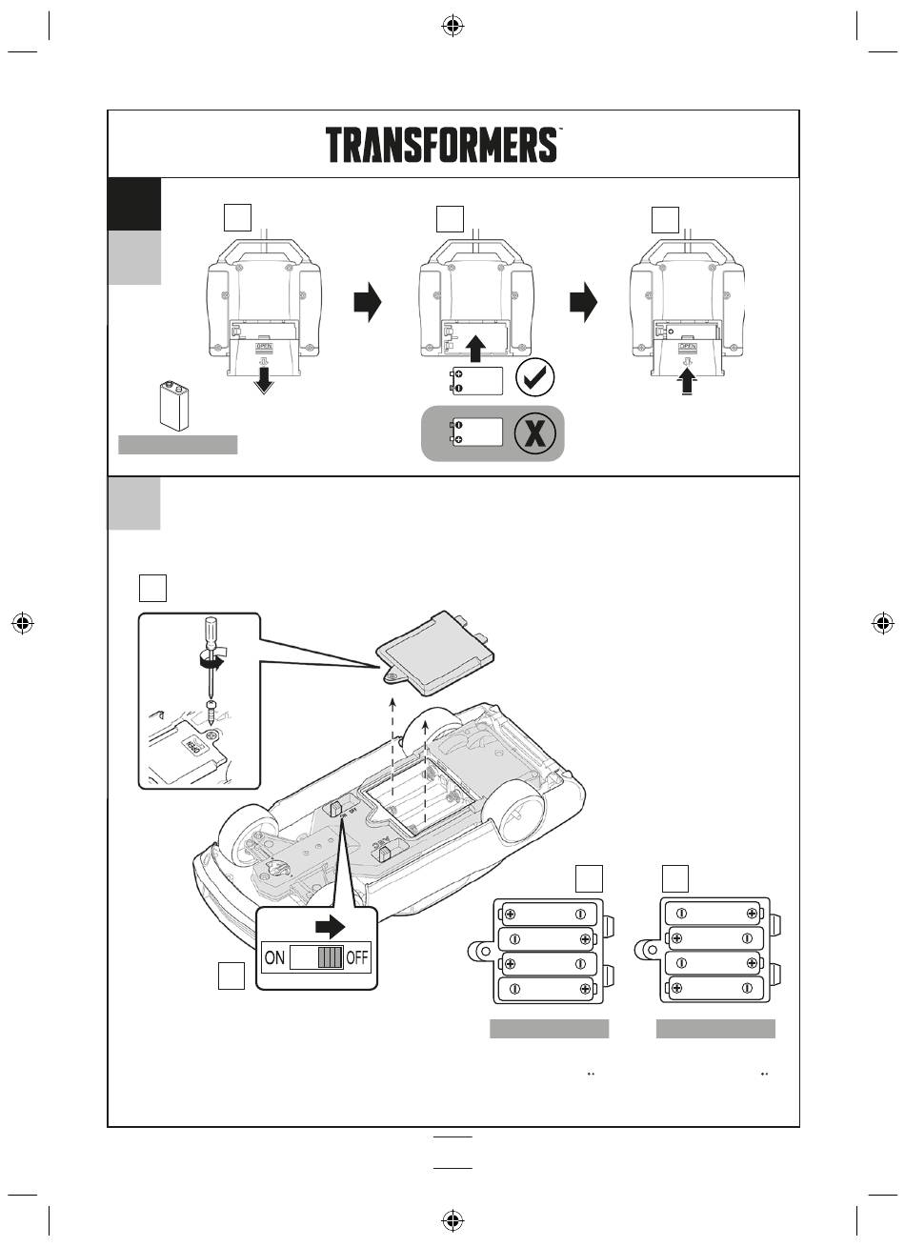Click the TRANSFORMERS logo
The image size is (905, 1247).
442,145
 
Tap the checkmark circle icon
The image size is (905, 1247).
534,380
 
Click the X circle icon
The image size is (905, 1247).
534,433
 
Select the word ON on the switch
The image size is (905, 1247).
274,957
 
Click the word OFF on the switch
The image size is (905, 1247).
357,957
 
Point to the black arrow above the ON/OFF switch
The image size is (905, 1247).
332,926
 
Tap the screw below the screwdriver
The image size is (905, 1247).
211,708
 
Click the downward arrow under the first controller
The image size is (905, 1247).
264,381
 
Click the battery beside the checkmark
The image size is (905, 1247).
479,380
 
